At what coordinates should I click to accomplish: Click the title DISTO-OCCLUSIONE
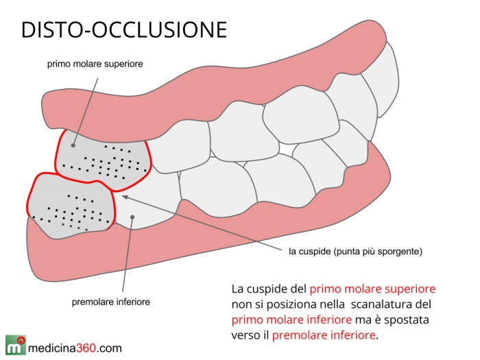pos(124,29)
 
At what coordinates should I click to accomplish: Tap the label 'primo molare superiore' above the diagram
pos(95,64)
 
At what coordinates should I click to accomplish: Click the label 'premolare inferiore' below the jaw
pos(111,302)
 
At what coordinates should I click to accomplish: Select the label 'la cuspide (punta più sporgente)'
pos(355,252)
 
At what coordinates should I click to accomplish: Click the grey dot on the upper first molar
pos(73,145)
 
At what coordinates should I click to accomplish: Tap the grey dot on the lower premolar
pos(132,217)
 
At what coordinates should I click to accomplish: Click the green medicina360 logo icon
pos(15,345)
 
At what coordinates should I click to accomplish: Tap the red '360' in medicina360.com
pos(87,348)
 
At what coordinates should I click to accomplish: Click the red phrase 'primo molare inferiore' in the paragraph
pos(291,320)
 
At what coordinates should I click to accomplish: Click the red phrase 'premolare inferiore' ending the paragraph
pos(324,335)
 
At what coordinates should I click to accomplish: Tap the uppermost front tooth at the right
pos(382,80)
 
